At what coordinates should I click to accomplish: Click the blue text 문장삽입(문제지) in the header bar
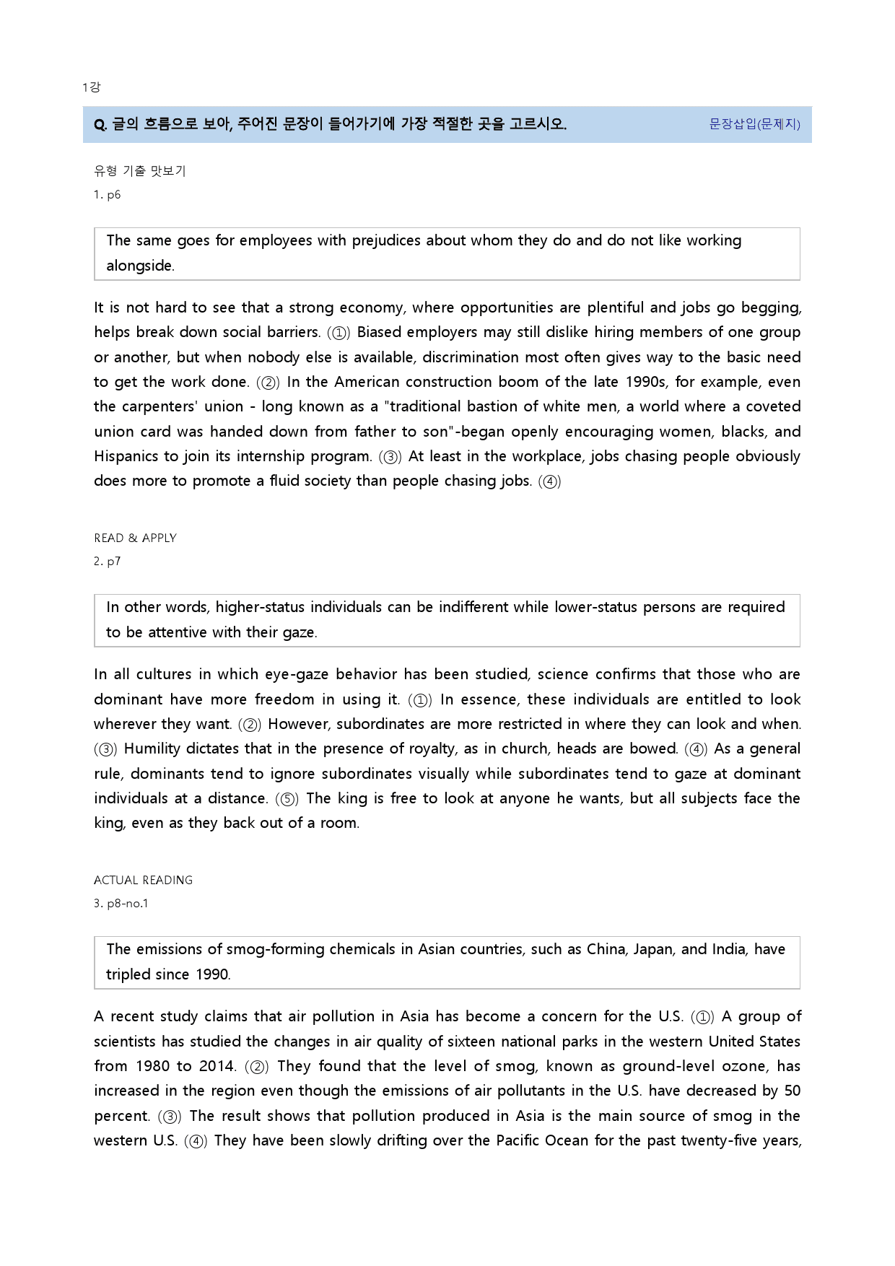coord(754,124)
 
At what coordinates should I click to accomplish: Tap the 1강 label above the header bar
coord(91,87)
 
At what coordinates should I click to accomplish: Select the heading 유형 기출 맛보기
coord(140,171)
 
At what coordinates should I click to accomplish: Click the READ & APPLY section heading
coord(135,538)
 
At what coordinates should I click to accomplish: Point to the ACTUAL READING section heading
coord(143,880)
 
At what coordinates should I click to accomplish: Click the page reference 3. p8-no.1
coord(121,903)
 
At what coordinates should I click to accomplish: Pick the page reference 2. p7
coord(107,561)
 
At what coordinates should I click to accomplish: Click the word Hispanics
coord(126,456)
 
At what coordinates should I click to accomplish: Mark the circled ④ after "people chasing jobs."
coord(550,481)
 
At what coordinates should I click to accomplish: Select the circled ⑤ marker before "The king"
coord(287,799)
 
